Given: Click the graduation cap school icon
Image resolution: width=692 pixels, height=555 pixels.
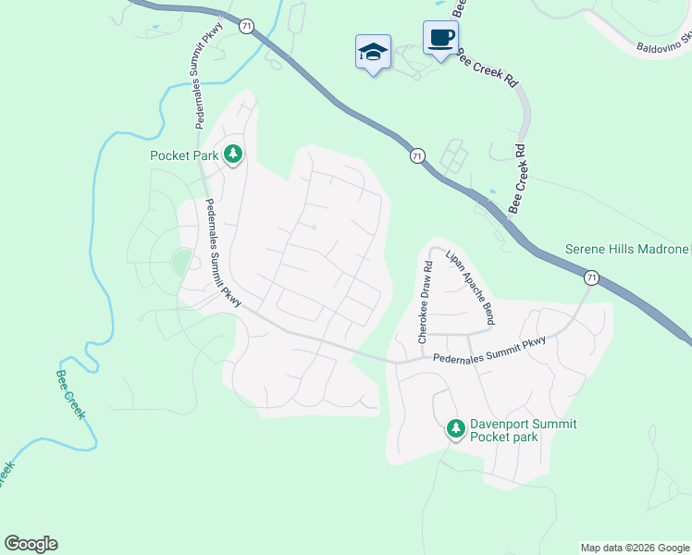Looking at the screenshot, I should click(x=373, y=52).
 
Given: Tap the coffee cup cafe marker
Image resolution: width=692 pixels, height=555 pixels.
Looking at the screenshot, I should click(x=440, y=38).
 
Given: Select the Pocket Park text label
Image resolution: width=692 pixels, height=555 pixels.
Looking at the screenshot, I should click(x=185, y=155).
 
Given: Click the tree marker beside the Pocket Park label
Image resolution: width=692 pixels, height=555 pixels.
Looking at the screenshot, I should click(x=234, y=154).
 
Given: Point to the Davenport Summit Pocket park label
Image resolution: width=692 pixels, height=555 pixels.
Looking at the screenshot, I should click(x=524, y=430).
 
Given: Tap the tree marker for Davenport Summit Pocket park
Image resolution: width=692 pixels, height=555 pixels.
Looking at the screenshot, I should click(x=455, y=428).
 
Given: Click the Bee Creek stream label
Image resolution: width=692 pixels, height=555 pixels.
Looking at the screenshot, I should click(x=69, y=394).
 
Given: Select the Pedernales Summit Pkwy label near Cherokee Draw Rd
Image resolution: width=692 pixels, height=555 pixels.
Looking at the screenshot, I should click(x=490, y=350).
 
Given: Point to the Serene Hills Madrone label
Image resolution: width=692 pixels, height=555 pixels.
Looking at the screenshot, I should click(x=627, y=251).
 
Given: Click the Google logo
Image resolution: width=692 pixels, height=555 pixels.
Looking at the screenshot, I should click(x=31, y=544).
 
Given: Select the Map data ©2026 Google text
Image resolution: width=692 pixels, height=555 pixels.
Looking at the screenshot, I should click(x=635, y=548).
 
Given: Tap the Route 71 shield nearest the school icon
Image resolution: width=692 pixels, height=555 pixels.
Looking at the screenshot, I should click(x=245, y=27).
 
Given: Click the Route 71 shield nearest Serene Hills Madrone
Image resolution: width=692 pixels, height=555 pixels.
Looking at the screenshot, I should click(x=590, y=277).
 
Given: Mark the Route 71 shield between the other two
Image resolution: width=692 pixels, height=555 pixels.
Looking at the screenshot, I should click(x=417, y=156).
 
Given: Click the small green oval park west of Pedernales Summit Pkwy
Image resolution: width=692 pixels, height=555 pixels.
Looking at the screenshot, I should click(x=182, y=262).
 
